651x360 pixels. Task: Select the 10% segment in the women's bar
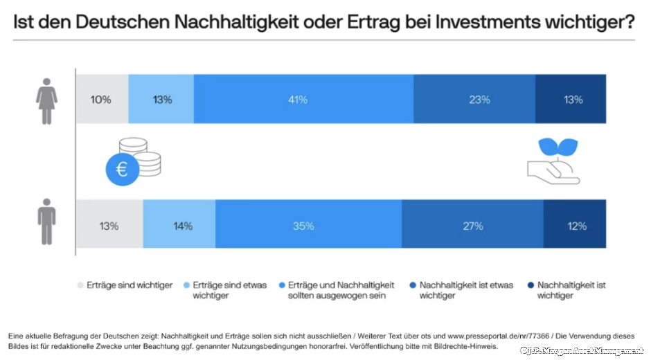(x=101, y=100)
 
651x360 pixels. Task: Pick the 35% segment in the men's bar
(x=308, y=226)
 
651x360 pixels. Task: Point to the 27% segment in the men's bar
(x=472, y=226)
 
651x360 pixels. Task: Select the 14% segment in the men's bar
(x=179, y=226)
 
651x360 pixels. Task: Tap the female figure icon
(x=46, y=101)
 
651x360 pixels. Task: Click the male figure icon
(x=46, y=222)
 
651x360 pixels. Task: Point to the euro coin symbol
(x=122, y=169)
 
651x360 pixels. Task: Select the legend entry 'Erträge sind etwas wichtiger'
(x=229, y=290)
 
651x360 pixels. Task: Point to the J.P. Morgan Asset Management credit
(x=582, y=351)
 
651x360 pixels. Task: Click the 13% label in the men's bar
(x=109, y=226)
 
